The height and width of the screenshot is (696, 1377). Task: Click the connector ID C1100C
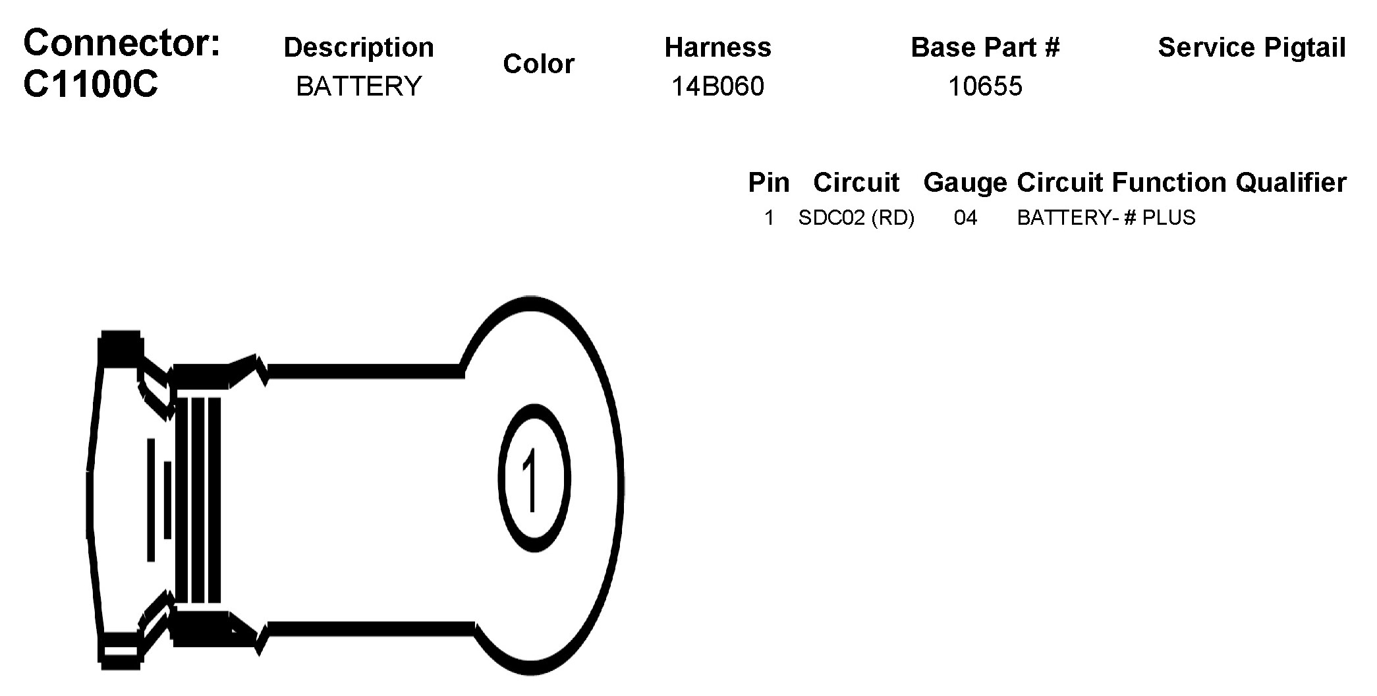tap(91, 84)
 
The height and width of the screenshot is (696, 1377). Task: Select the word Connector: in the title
tap(122, 43)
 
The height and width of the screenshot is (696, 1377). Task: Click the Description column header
tap(359, 47)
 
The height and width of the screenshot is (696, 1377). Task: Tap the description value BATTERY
tap(359, 86)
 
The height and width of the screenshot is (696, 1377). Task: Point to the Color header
tap(539, 64)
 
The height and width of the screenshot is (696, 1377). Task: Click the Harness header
tap(718, 47)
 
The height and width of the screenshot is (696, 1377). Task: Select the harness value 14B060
tap(718, 86)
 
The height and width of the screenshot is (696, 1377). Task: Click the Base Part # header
tap(986, 47)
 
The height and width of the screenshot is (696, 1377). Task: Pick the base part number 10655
tap(986, 86)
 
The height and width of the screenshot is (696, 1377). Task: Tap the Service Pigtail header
tap(1252, 47)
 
